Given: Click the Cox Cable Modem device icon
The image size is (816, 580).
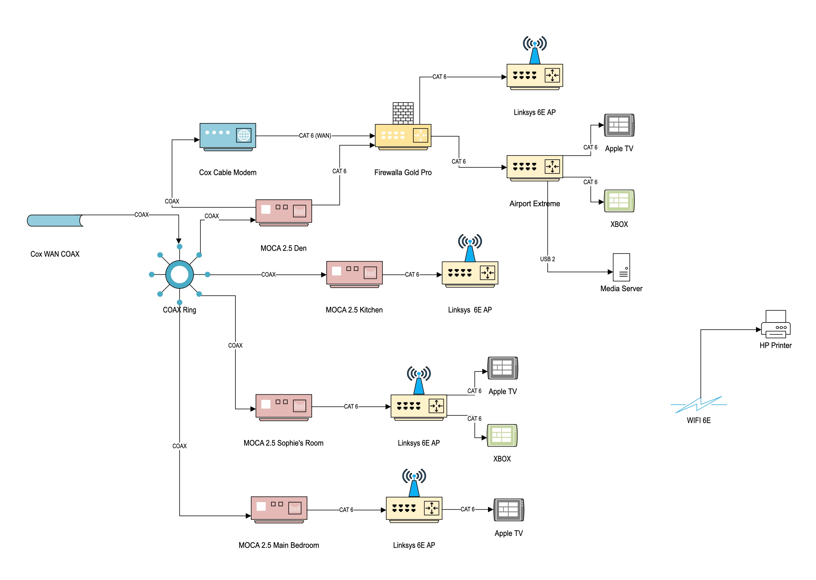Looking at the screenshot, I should click(228, 137).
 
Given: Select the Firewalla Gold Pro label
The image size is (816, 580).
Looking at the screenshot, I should click(403, 172).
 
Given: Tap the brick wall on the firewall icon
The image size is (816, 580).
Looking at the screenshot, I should click(403, 113).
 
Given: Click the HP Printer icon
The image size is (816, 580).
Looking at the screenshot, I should click(775, 324).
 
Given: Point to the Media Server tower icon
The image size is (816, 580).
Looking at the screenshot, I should click(621, 267).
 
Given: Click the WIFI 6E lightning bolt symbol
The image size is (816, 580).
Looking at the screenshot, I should click(698, 405).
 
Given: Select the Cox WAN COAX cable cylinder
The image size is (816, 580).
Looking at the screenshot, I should click(55, 220).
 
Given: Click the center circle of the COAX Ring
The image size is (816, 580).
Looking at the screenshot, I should click(179, 275).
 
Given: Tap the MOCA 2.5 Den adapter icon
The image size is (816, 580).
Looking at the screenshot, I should click(284, 212).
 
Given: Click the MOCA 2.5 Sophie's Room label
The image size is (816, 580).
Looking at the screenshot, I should click(283, 443).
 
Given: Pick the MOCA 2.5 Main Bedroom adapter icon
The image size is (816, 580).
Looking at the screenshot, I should click(279, 509).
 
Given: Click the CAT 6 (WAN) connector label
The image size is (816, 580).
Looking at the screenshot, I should click(315, 136).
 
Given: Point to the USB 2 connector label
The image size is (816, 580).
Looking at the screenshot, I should click(547, 259).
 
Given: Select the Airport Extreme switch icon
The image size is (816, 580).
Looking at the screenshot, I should click(535, 168).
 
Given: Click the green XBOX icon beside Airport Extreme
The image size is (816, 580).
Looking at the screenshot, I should click(619, 201).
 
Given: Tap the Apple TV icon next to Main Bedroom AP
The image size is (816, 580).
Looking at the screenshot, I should click(508, 510).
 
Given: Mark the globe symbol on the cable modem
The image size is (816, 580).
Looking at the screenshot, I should click(244, 135).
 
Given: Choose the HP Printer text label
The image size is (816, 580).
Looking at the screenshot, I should click(775, 345).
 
